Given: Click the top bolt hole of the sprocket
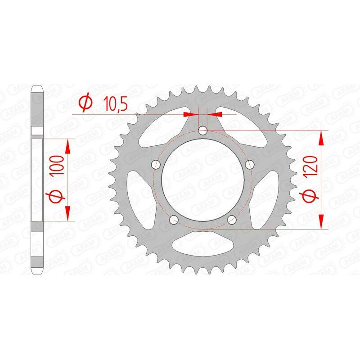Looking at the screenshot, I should click(x=203, y=131).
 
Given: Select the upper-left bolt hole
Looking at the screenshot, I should click(x=156, y=164).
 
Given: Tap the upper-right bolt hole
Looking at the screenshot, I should click(x=250, y=164).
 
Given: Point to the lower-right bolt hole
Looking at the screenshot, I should click(x=232, y=219).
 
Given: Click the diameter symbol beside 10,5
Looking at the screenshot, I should click(x=85, y=103).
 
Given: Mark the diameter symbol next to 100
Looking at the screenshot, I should click(x=56, y=198).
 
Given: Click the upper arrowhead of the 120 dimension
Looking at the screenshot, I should click(x=321, y=137).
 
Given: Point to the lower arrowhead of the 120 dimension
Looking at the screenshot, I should click(x=321, y=222).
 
